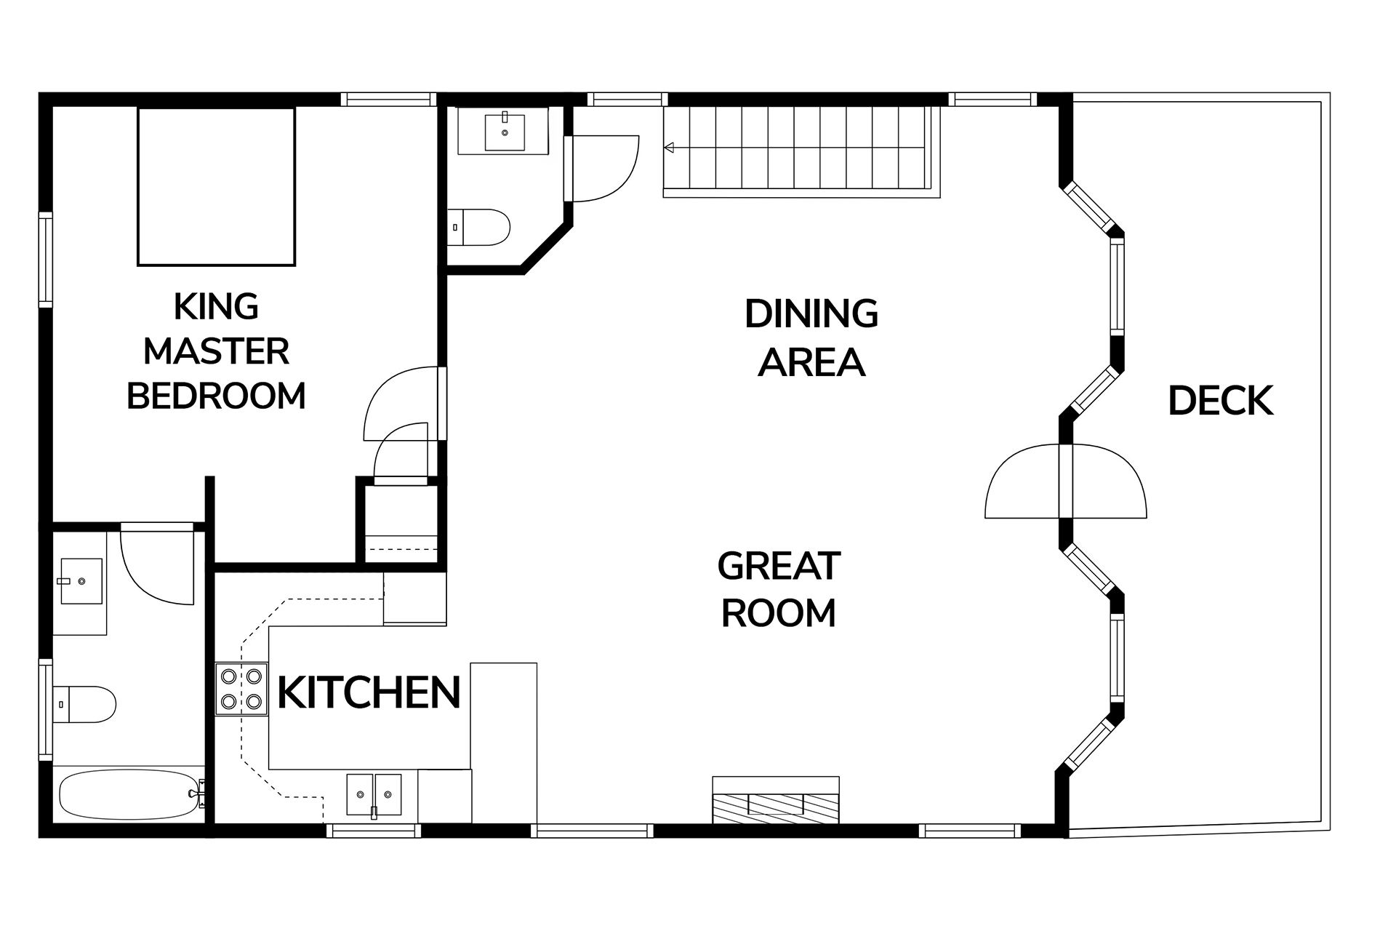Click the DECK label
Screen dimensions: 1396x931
coord(1220,401)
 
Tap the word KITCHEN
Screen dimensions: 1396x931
coord(369,692)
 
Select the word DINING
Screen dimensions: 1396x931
coord(811,314)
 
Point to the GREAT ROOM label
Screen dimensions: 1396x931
coord(779,590)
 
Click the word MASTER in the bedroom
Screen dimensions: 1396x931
coord(216,352)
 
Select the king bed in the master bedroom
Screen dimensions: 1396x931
coord(216,186)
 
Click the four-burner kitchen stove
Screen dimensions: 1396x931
coord(241,689)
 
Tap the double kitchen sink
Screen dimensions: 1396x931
coord(374,795)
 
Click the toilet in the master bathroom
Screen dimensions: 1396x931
coord(84,703)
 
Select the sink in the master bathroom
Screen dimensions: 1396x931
coord(81,581)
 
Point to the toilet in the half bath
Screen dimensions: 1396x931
coord(478,228)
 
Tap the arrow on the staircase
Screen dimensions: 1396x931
coord(668,148)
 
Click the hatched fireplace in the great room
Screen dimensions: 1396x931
coord(776,800)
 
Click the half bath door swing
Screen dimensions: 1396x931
coord(602,168)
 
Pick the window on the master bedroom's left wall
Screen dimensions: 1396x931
coord(46,260)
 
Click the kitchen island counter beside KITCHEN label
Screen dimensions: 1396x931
coord(503,743)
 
